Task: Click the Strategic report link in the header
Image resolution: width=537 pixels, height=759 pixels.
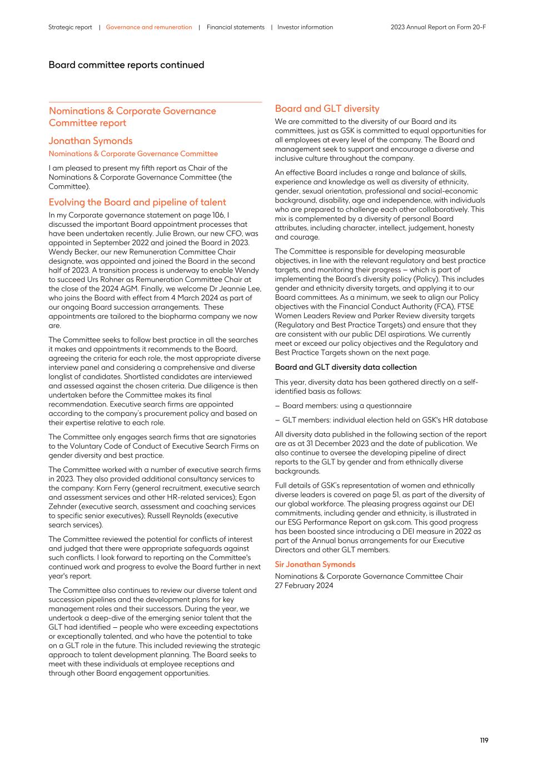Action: tap(70, 27)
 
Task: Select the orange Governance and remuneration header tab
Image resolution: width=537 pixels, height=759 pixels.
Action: tap(148, 27)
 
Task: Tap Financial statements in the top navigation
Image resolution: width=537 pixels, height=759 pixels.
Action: tap(235, 27)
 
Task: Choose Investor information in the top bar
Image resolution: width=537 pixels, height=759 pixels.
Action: tap(305, 27)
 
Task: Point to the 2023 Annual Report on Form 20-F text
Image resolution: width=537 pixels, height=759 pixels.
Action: tap(438, 27)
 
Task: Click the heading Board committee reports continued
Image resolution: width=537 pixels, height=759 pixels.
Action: tap(126, 65)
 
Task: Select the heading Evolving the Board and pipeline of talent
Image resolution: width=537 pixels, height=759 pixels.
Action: tap(137, 202)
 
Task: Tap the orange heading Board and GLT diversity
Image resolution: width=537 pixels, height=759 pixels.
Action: tap(327, 109)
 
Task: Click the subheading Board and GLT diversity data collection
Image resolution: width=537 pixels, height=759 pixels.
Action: tap(345, 368)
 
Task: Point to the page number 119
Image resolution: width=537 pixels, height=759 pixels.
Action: tap(484, 741)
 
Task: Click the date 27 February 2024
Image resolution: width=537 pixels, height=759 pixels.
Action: tap(304, 586)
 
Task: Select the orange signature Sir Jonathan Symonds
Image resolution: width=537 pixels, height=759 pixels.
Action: tap(315, 564)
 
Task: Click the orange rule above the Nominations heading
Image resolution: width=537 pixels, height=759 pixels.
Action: tap(155, 102)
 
